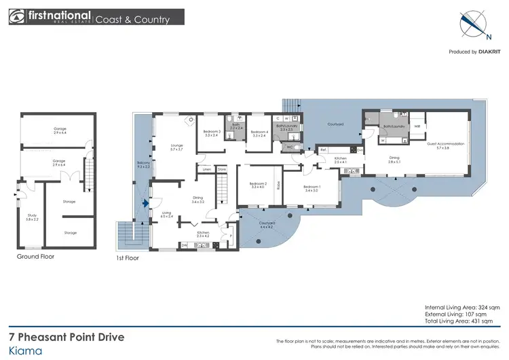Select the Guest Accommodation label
[445, 145]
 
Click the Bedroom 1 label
[312, 188]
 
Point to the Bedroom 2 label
[257, 185]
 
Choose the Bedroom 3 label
[212, 133]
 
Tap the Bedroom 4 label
[259, 133]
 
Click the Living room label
[166, 215]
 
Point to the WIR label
[417, 126]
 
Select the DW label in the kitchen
[184, 245]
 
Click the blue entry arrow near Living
[145, 202]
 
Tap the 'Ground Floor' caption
[35, 257]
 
